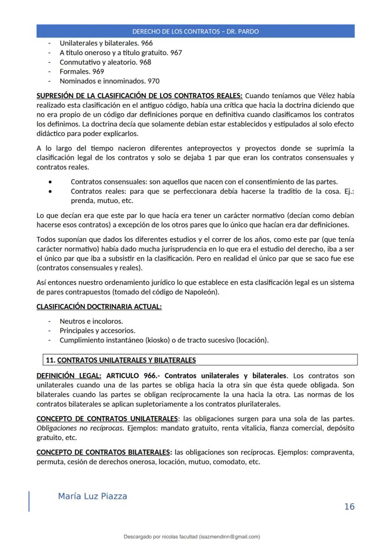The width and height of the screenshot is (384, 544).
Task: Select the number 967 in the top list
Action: pyautogui.click(x=176, y=52)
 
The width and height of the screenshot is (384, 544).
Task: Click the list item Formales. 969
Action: pyautogui.click(x=82, y=72)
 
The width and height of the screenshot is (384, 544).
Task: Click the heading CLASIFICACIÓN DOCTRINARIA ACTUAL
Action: pyautogui.click(x=99, y=307)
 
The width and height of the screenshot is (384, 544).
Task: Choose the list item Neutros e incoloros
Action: pyautogui.click(x=91, y=321)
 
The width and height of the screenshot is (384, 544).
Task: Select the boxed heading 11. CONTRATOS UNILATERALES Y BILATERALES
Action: pyautogui.click(x=121, y=360)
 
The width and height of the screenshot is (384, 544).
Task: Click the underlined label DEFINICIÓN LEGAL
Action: pyautogui.click(x=69, y=375)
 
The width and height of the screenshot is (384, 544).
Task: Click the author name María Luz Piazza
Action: pyautogui.click(x=92, y=497)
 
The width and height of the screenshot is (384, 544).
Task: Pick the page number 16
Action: pyautogui.click(x=349, y=506)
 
